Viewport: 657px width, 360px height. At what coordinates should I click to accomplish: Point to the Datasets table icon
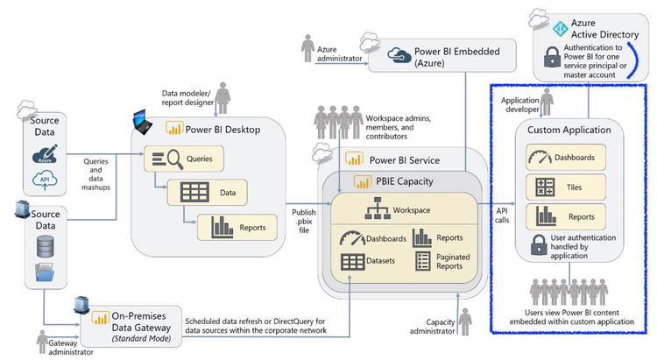pyautogui.click(x=353, y=260)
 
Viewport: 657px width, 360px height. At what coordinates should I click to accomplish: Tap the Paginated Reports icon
pyautogui.click(x=422, y=260)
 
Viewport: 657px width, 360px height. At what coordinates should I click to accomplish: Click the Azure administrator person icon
pyautogui.click(x=307, y=49)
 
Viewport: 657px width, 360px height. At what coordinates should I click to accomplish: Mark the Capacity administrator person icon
pyautogui.click(x=463, y=320)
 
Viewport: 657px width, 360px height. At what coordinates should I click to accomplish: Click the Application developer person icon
pyautogui.click(x=547, y=102)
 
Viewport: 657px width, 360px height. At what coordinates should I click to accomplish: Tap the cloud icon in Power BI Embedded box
pyautogui.click(x=399, y=52)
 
